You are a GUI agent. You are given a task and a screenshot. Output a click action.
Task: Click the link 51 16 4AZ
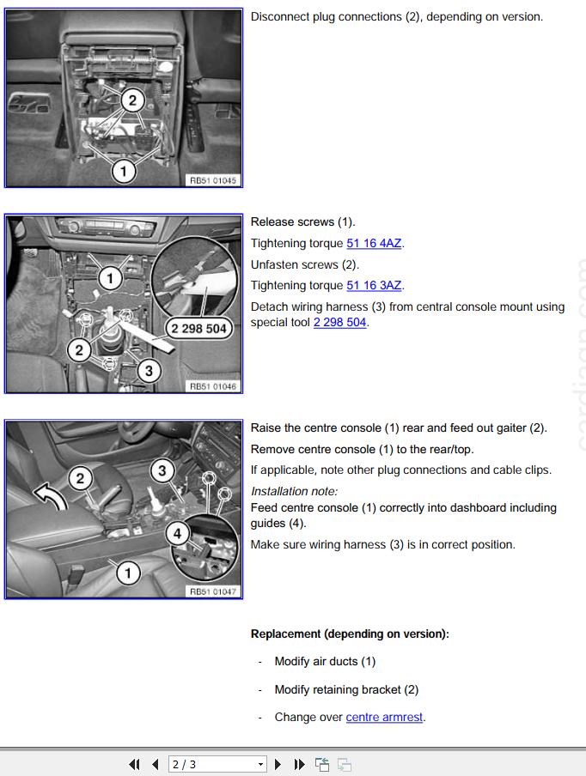374,244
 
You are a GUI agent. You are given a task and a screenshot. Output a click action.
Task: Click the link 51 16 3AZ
374,286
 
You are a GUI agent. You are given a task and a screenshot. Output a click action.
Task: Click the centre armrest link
384,718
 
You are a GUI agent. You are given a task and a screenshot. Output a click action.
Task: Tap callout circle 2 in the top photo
131,100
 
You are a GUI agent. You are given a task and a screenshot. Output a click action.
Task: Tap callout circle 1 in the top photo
123,171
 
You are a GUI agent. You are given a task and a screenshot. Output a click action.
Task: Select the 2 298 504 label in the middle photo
198,329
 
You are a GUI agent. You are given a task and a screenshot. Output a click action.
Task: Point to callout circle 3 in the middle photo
149,371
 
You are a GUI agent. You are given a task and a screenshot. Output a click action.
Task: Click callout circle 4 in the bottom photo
177,534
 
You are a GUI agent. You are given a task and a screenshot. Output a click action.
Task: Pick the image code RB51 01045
212,181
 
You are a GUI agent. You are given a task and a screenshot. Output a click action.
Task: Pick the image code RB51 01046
212,387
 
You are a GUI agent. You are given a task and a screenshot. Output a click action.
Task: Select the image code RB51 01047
212,591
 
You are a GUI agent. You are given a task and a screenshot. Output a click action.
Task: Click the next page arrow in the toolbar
278,764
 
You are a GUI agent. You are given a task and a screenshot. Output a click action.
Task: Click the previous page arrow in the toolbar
155,764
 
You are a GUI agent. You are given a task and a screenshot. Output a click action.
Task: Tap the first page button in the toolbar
134,764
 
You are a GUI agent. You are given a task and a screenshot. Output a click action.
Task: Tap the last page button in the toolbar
299,764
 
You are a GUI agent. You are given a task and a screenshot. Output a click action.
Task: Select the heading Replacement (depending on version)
350,634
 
